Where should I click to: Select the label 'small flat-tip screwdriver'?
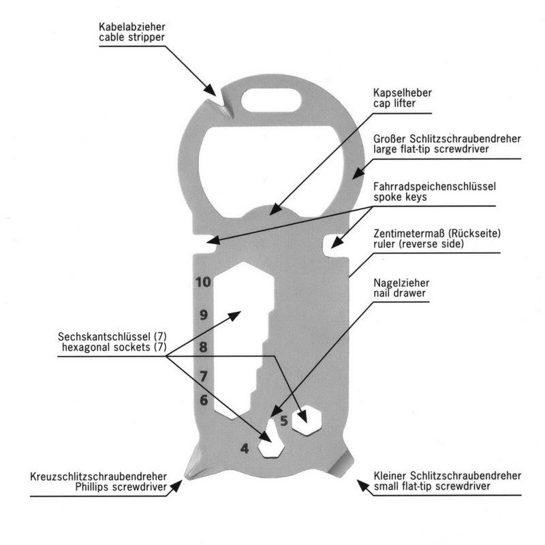point(448,486)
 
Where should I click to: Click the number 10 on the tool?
point(203,281)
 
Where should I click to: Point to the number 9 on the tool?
point(203,315)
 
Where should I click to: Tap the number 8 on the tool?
point(203,347)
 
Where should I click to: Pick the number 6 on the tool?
point(203,400)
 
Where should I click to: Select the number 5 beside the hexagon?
point(284,420)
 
